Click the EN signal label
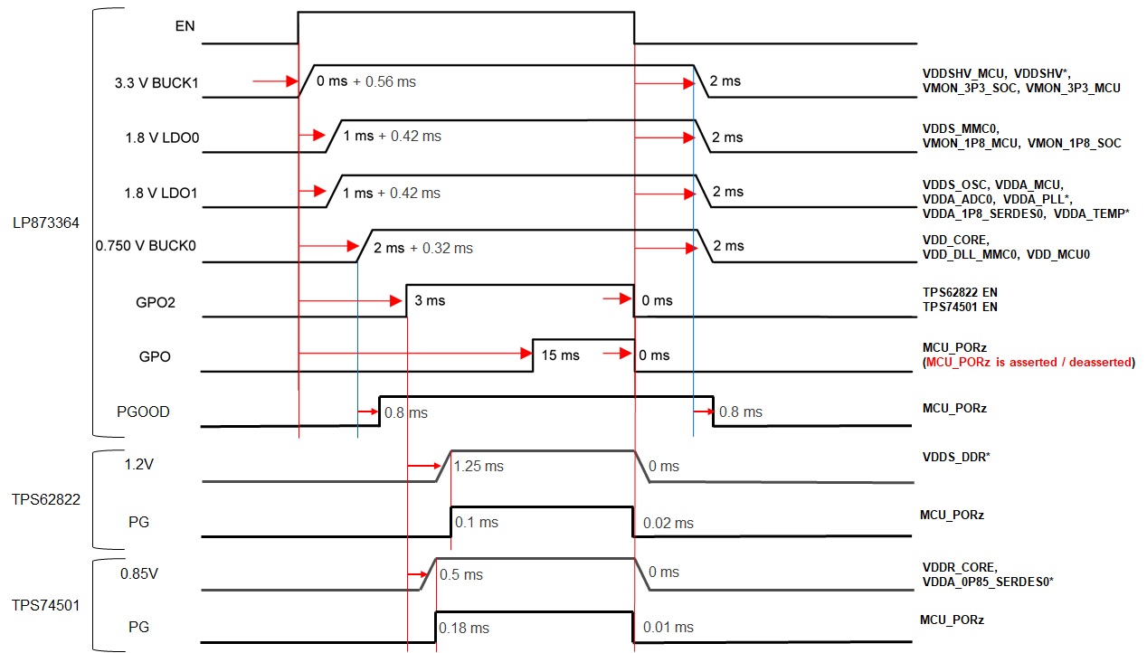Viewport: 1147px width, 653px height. tap(185, 26)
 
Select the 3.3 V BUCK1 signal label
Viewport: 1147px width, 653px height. tap(156, 84)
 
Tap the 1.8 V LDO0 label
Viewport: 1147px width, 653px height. tap(162, 139)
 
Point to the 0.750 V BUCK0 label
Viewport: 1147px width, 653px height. tap(147, 245)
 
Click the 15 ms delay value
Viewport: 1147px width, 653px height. tap(560, 355)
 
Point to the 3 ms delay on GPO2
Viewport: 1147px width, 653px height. tap(430, 300)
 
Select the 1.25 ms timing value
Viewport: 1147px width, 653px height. tap(480, 466)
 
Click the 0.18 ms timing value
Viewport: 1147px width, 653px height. tap(464, 627)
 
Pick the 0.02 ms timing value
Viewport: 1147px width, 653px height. tap(668, 523)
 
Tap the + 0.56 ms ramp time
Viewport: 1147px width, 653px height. tap(384, 81)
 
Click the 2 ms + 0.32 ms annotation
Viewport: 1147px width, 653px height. tap(422, 248)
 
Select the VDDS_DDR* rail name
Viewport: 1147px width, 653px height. tap(956, 457)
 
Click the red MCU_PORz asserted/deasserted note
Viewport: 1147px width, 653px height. tap(1030, 362)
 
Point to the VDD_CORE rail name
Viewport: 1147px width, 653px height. tap(955, 240)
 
